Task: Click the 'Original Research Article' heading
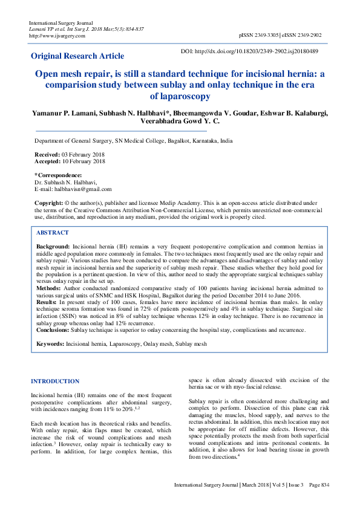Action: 77,56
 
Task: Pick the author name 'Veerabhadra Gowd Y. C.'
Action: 179,122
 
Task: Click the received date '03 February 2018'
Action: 80,155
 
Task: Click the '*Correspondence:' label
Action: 58,175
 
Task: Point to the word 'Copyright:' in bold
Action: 48,203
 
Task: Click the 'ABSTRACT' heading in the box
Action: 53,233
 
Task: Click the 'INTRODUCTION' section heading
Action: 55,381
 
